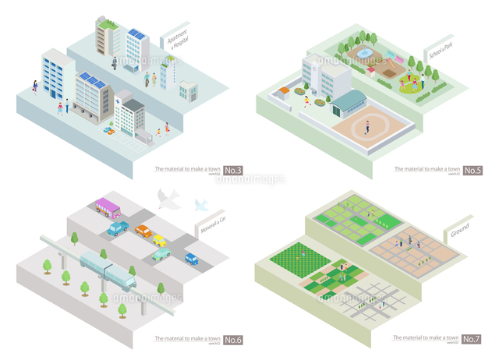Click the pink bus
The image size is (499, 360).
107,207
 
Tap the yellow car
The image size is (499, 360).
160,241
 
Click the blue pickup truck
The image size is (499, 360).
119,228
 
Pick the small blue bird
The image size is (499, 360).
200,205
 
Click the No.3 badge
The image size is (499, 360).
233,170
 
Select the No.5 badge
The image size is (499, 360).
473,170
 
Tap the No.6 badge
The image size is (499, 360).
233,340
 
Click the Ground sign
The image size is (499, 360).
459,232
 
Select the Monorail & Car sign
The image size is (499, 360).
208,227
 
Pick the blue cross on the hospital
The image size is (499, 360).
116,102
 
